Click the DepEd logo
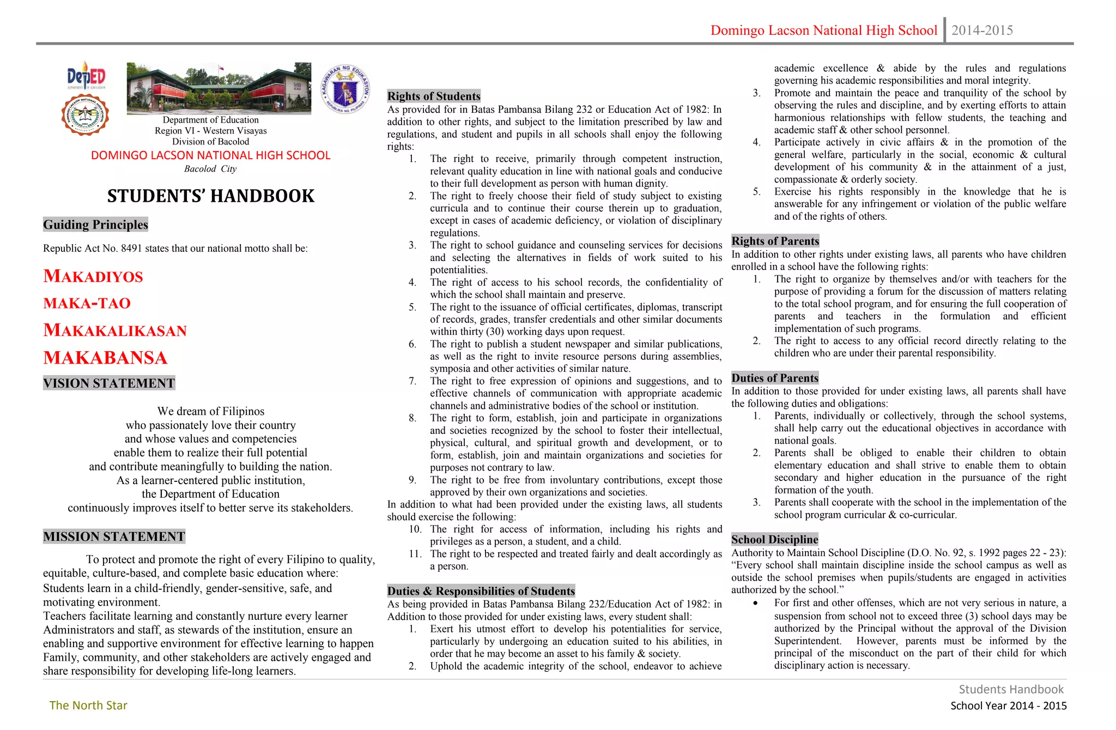coord(86,76)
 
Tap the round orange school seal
coord(85,114)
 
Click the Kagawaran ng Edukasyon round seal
coord(345,89)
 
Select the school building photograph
coord(219,88)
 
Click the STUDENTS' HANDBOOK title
coord(211,196)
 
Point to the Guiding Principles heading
coord(95,225)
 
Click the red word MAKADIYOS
coord(93,276)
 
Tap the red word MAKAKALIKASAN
coord(115,330)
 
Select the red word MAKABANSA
coord(105,358)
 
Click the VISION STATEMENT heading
coord(109,383)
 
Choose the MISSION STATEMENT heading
coord(114,536)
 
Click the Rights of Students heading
coord(434,96)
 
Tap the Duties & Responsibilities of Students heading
coord(481,591)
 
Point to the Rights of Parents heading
coord(775,241)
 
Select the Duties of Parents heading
coord(774,378)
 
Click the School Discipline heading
coord(774,539)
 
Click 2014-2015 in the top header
coord(982,31)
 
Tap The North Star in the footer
coord(88,705)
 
